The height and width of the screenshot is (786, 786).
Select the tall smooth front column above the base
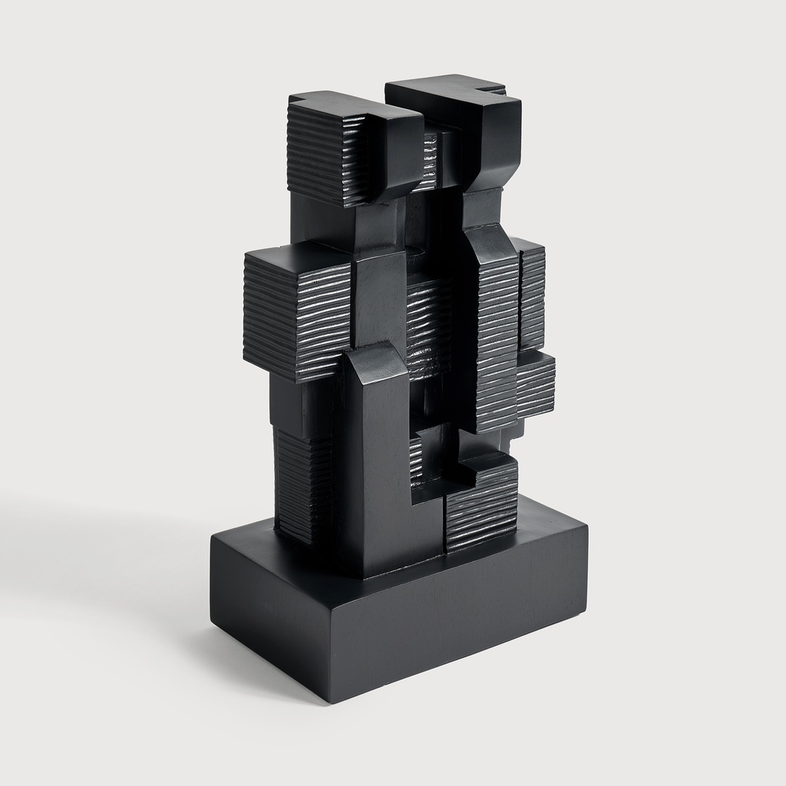point(376,476)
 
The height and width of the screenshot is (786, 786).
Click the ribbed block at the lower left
point(303,484)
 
